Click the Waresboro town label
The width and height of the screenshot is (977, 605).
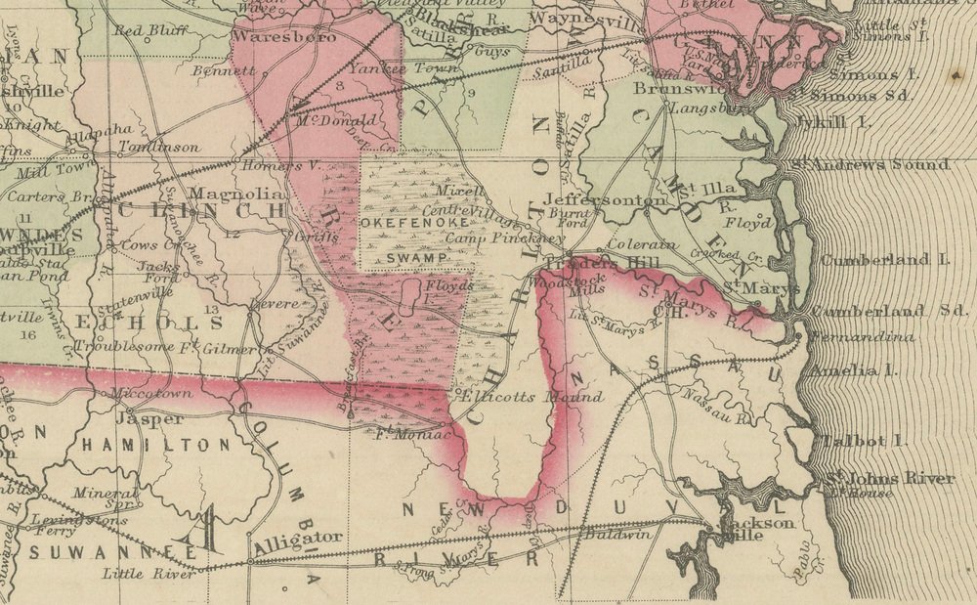283,37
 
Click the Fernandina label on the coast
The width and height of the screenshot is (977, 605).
859,338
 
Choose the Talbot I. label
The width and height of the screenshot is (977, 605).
858,441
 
